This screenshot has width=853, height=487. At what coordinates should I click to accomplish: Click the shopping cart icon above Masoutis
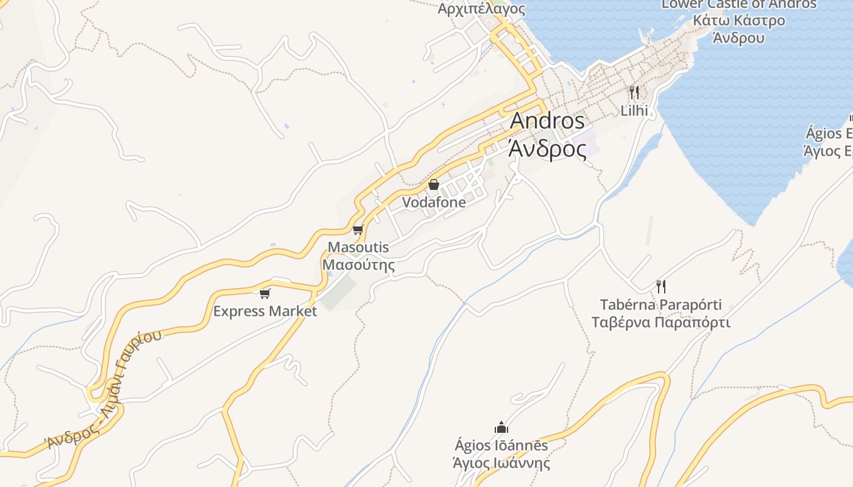358,229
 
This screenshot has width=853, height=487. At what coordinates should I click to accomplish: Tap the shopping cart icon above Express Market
264,294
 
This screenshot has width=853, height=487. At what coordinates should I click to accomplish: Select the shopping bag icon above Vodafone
434,184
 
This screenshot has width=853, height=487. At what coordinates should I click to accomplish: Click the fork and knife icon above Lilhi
634,93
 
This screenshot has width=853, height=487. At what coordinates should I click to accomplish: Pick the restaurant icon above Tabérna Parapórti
660,286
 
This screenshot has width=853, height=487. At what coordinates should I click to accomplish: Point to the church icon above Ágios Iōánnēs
501,427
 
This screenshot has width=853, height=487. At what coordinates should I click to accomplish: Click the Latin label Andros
547,121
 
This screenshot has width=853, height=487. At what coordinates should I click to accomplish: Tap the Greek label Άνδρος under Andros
547,149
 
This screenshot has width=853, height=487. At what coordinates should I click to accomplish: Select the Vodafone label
434,202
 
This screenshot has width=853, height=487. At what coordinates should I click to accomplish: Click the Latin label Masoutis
358,247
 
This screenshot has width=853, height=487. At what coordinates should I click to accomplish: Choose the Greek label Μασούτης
358,265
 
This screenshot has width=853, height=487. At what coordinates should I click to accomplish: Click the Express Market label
265,312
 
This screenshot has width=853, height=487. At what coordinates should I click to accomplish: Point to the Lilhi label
634,111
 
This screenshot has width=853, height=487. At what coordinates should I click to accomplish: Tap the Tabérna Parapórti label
660,304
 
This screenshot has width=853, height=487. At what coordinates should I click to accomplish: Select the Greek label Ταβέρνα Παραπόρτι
660,322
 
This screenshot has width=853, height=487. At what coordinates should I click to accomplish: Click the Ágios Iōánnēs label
501,446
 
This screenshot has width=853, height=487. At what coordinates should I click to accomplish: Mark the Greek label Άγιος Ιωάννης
501,463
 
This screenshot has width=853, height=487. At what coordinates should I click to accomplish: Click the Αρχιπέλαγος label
481,9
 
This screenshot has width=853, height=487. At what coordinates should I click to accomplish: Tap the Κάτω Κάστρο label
738,21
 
